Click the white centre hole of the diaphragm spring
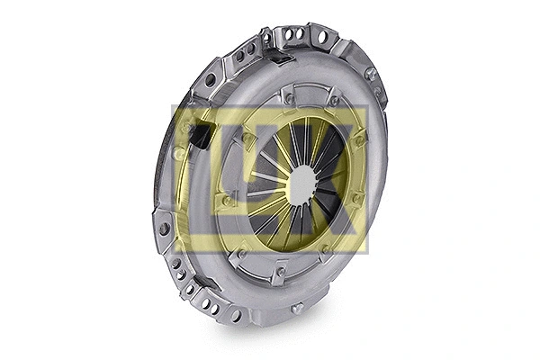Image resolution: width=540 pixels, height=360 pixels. [x=302, y=184]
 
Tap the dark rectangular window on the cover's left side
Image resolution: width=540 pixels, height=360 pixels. [x=202, y=136]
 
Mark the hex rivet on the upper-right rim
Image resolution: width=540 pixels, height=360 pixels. [x=370, y=74]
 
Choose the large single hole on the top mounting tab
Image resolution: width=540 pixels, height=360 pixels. [x=319, y=37]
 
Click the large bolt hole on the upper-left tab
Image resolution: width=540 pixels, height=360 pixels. [x=210, y=80]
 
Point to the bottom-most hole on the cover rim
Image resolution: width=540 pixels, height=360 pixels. [x=237, y=315]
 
